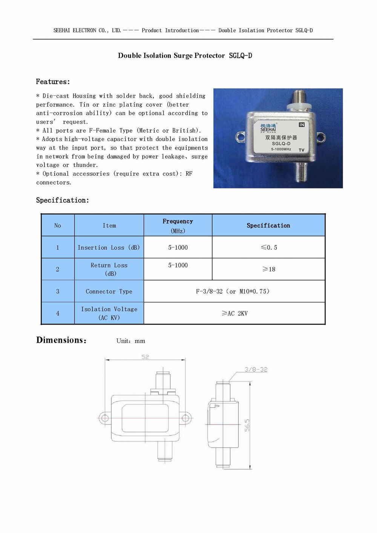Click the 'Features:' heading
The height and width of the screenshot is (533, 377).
tap(53, 82)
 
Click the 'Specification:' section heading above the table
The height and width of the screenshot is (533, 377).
tap(63, 200)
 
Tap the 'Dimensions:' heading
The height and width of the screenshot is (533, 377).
tap(61, 340)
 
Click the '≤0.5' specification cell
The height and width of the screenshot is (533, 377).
tap(269, 247)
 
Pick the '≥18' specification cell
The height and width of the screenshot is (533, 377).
tap(269, 269)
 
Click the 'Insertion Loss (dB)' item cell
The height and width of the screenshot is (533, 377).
tap(109, 247)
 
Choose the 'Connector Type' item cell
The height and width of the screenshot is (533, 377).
tap(109, 291)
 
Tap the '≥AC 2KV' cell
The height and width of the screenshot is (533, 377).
tap(234, 313)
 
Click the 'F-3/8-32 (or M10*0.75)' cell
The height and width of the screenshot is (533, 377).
tap(233, 291)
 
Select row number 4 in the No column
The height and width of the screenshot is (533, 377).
tap(58, 313)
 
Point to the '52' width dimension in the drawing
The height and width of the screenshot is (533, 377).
tap(145, 357)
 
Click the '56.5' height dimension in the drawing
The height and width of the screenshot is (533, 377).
tap(247, 425)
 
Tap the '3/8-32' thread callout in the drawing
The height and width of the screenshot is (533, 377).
tap(256, 369)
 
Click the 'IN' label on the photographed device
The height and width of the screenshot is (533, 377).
tap(302, 124)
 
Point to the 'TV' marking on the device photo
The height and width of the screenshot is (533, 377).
tap(302, 150)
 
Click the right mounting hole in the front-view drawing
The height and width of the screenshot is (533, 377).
tap(185, 418)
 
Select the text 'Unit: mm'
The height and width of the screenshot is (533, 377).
tap(130, 341)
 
